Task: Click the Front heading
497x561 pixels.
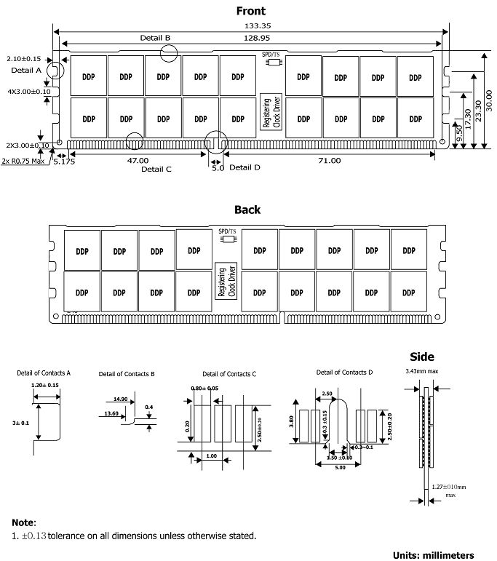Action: [x=251, y=11]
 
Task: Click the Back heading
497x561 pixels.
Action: [x=247, y=210]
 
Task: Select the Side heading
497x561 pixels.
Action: [x=422, y=357]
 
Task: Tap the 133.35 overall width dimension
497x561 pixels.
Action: [x=251, y=25]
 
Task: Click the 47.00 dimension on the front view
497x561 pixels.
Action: [x=138, y=160]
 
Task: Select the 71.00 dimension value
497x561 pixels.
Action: [x=329, y=160]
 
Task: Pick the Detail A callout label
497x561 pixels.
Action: [x=26, y=71]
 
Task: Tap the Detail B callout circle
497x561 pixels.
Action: [x=169, y=52]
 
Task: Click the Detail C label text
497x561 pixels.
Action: [x=156, y=169]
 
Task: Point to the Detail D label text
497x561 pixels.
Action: [x=244, y=167]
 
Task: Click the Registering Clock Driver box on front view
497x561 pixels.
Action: [x=267, y=113]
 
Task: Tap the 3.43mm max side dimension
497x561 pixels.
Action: [x=423, y=370]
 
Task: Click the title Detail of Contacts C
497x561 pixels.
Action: [x=229, y=374]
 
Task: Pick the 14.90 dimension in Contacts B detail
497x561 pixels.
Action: [x=121, y=399]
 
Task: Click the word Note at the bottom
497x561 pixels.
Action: [x=23, y=522]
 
